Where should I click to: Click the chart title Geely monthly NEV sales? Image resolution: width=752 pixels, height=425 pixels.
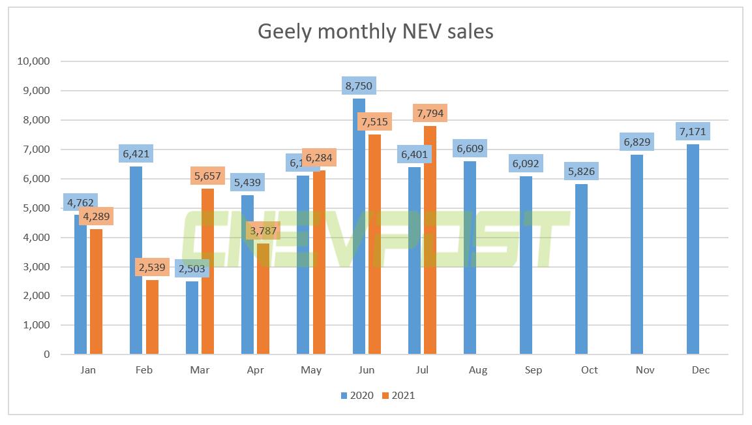coord(376,31)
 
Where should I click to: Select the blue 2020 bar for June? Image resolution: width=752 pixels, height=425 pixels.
coord(359,228)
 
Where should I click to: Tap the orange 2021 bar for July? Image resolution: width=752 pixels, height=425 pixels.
coord(430,242)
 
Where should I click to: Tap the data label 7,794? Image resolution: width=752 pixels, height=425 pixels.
coord(430,114)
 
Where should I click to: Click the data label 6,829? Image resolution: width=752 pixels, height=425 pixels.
coord(637,142)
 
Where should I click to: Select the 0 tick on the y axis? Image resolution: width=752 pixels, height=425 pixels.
coord(47,354)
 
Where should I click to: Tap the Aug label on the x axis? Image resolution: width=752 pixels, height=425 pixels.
coord(478,370)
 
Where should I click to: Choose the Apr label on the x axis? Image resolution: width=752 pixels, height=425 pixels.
coord(255,370)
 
